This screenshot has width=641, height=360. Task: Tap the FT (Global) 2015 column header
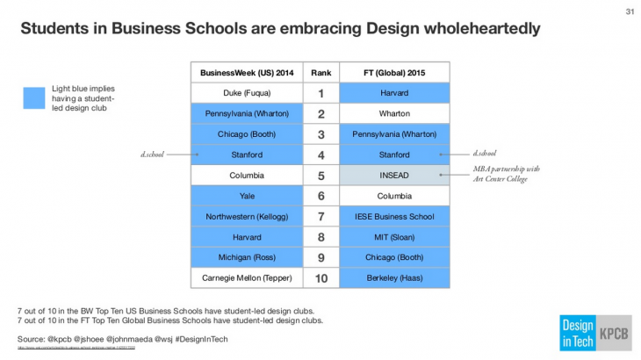point(394,72)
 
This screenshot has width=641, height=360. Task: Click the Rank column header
point(320,72)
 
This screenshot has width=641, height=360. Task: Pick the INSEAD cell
point(394,175)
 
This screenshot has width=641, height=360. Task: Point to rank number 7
point(320,216)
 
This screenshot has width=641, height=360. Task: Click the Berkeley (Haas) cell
point(394,277)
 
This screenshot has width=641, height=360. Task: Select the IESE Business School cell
point(394,216)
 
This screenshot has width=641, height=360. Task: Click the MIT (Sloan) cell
point(394,237)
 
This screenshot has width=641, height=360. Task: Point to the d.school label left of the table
point(152,155)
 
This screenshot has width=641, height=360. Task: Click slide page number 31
point(629,11)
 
